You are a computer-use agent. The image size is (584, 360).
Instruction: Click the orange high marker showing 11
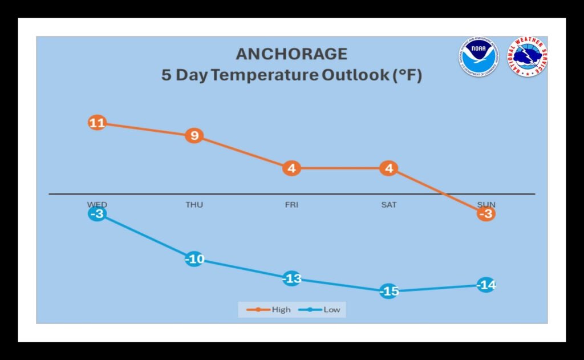click(97, 123)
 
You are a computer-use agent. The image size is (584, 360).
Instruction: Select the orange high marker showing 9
click(194, 136)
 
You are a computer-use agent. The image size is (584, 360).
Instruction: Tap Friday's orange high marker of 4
click(291, 168)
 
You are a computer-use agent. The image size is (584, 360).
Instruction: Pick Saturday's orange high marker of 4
click(388, 168)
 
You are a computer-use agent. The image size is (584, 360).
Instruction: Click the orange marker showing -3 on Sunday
click(486, 214)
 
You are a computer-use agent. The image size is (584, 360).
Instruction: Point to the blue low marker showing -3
click(97, 214)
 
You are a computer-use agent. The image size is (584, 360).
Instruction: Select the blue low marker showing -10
click(194, 260)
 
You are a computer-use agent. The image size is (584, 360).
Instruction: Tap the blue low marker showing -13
click(291, 279)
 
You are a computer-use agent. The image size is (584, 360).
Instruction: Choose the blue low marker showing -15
click(388, 292)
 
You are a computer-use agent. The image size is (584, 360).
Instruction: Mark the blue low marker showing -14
click(486, 285)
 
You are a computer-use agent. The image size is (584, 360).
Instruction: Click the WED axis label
click(97, 204)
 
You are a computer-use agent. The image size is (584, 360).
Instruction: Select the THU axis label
click(194, 204)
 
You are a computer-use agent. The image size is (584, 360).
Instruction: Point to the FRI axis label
click(291, 204)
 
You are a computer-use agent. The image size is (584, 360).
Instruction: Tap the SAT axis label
click(388, 204)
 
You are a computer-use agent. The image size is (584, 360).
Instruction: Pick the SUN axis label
click(486, 204)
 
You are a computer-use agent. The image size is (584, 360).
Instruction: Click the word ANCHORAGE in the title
click(291, 54)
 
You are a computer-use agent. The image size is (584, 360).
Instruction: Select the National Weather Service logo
click(528, 56)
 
